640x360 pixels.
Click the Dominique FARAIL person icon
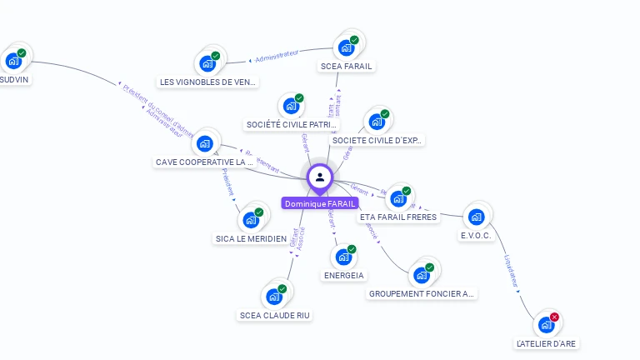(x=320, y=177)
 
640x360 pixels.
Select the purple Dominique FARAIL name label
(x=320, y=203)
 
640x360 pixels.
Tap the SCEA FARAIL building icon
(x=347, y=47)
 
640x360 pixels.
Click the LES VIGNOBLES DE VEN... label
(x=207, y=82)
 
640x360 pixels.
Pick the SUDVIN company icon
(x=13, y=60)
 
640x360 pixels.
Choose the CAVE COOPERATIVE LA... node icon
(x=204, y=143)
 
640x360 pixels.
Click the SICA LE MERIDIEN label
(x=251, y=238)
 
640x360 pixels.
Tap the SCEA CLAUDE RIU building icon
(x=274, y=296)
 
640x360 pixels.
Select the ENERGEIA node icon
(x=343, y=257)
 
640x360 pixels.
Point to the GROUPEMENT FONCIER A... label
(x=422, y=293)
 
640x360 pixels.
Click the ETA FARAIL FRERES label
(x=398, y=217)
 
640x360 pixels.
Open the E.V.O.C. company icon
(x=476, y=217)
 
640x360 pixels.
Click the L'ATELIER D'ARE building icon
(x=546, y=325)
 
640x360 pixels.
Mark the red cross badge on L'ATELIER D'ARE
(x=554, y=317)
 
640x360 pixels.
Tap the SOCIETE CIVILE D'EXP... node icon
(x=377, y=122)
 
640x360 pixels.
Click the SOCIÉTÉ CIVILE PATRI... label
(x=292, y=124)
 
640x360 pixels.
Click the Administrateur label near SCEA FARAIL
(x=277, y=57)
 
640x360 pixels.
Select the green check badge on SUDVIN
(x=22, y=52)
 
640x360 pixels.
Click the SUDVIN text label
(x=15, y=81)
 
